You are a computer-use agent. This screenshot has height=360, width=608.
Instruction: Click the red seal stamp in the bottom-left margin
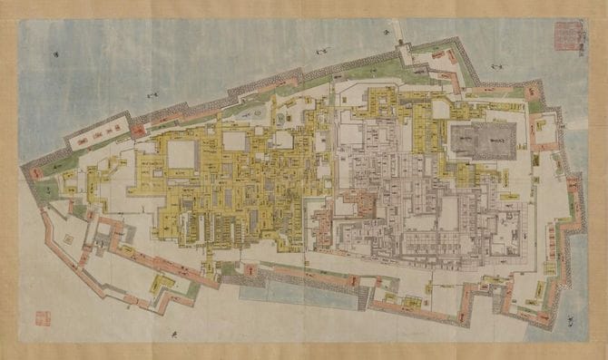pos(43,318)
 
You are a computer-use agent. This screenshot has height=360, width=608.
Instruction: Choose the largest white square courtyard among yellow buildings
pos(181,153)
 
